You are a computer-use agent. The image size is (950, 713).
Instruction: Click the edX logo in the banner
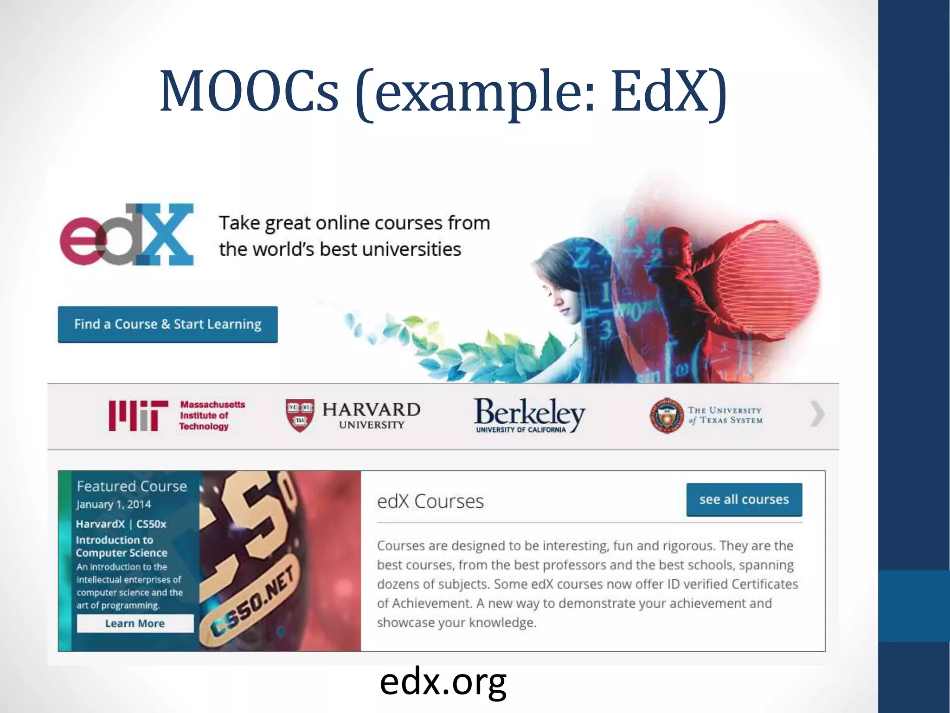click(x=127, y=234)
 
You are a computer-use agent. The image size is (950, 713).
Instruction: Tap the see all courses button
click(x=744, y=499)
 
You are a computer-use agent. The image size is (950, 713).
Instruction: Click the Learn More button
click(x=135, y=623)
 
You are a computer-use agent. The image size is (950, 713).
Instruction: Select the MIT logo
click(x=138, y=415)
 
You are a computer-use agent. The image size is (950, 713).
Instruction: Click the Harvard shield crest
click(x=300, y=415)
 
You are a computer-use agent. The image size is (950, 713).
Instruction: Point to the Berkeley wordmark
click(x=529, y=413)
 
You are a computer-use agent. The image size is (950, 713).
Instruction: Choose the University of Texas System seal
click(x=666, y=415)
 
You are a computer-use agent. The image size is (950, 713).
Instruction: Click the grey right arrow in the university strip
click(x=817, y=414)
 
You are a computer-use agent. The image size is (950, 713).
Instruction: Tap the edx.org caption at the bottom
click(x=443, y=682)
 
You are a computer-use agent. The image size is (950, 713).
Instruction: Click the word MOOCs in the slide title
click(x=249, y=91)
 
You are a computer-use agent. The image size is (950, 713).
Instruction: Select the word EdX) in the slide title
click(x=668, y=91)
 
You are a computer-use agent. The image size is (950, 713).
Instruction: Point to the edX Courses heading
click(x=430, y=501)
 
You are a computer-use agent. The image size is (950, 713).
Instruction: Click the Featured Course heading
click(x=132, y=486)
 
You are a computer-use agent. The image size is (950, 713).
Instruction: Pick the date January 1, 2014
click(x=114, y=505)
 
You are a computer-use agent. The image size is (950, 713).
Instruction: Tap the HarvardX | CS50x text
click(x=121, y=524)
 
